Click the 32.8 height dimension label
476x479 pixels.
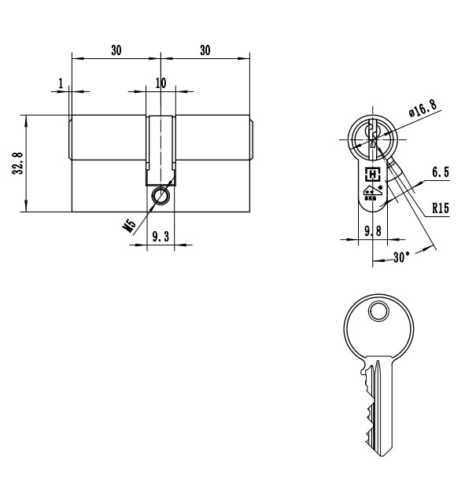(x=18, y=164)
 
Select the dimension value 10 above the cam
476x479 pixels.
(x=161, y=83)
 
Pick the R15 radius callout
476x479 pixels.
(x=441, y=209)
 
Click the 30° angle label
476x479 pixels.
(x=402, y=257)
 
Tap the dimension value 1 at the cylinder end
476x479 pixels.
(x=60, y=83)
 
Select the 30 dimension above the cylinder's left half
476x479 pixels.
(x=116, y=50)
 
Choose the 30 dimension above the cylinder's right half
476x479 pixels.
(x=205, y=50)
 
